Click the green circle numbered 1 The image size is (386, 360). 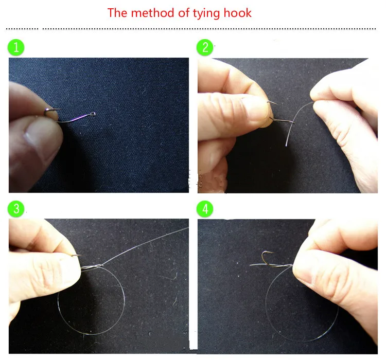(16, 47)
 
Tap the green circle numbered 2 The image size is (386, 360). (205, 47)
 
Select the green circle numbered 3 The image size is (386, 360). (16, 209)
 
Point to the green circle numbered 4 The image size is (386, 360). (205, 209)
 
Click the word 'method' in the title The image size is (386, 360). (153, 13)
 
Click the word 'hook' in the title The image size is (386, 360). (238, 13)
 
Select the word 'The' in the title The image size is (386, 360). (117, 13)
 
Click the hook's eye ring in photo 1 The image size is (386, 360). (93, 114)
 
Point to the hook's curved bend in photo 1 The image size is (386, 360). (46, 112)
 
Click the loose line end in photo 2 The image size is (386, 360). (286, 146)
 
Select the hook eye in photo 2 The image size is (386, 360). (292, 122)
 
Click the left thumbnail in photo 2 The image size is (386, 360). (256, 109)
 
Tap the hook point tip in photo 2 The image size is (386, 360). (276, 104)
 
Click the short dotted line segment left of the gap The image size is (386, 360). (22, 29)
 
